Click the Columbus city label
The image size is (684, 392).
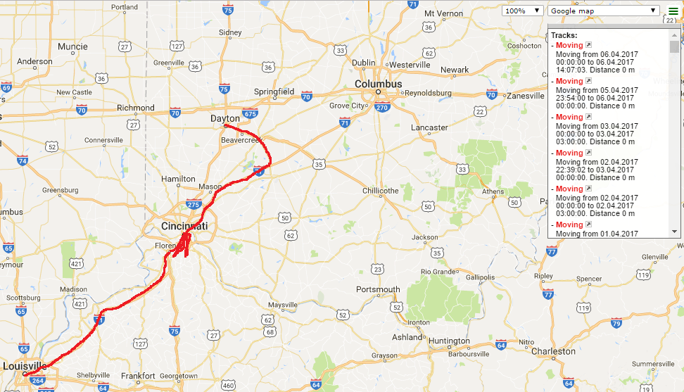[x=378, y=84]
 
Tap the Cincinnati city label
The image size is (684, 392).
[x=184, y=227]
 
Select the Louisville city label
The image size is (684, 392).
[x=25, y=366]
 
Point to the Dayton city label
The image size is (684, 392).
[x=225, y=118]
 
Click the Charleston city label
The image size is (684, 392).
[x=552, y=350]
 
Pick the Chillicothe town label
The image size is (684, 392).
[x=380, y=190]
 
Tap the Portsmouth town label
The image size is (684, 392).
[x=378, y=289]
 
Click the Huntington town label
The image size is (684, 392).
[x=449, y=341]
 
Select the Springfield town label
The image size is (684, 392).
[x=274, y=91]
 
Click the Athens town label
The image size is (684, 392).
[x=492, y=191]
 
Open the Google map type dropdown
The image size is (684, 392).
[x=603, y=11]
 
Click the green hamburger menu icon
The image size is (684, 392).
[x=673, y=11]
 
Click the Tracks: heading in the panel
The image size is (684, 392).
[x=564, y=35]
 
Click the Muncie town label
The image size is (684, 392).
[x=72, y=47]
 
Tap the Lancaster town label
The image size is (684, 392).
[x=429, y=127]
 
